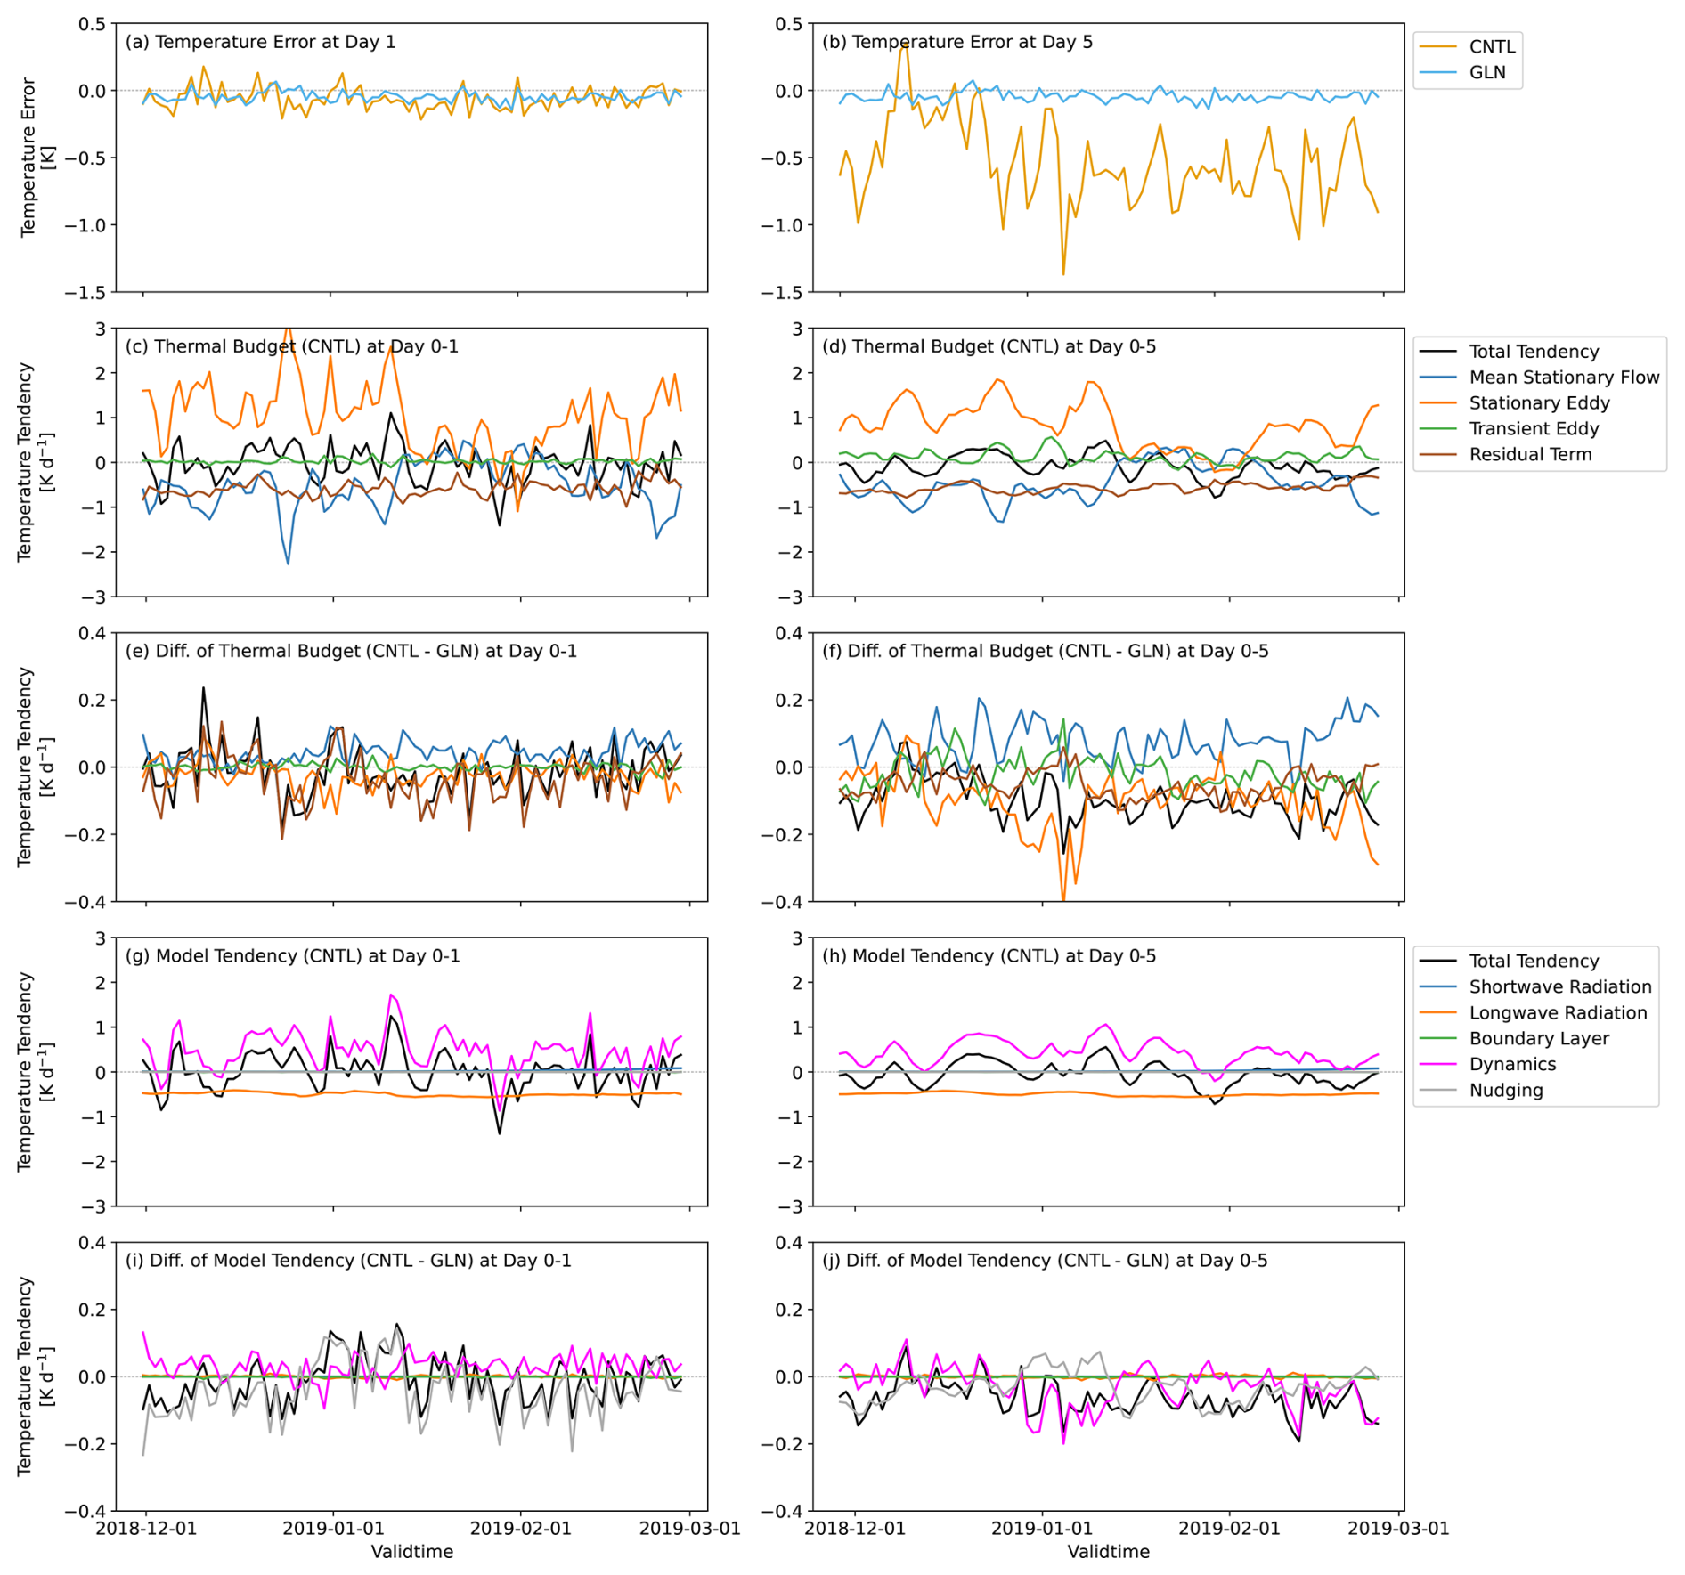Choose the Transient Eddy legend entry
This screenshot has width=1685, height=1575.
point(1534,428)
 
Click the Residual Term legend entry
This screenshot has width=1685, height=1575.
point(1530,454)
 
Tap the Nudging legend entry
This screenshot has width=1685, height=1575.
point(1506,1090)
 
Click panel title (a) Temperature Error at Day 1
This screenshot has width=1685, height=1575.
point(260,42)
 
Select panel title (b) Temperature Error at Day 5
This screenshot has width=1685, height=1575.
point(957,42)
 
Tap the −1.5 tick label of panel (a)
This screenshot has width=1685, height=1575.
point(85,292)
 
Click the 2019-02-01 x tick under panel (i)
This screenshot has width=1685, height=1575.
point(520,1528)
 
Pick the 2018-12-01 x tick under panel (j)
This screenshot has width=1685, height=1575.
point(855,1528)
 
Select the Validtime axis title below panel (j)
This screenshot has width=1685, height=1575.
point(1108,1552)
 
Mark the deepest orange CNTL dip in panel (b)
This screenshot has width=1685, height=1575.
point(1063,273)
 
